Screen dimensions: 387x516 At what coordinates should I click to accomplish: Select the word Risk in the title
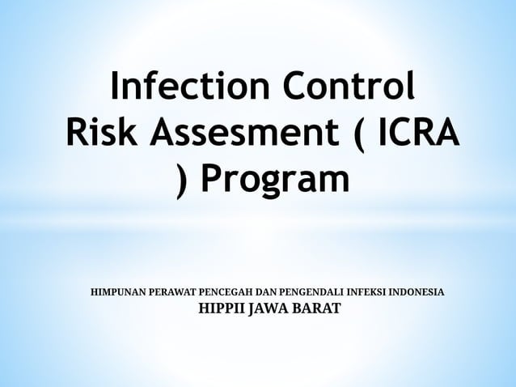pos(100,133)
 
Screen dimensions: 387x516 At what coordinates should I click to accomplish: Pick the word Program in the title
pos(275,181)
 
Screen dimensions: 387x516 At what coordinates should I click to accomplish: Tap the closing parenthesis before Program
pos(183,181)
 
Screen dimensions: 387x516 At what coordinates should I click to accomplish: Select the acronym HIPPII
pos(222,308)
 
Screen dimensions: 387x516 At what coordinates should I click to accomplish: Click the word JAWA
pos(268,308)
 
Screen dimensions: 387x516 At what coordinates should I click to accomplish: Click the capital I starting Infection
pos(116,87)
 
